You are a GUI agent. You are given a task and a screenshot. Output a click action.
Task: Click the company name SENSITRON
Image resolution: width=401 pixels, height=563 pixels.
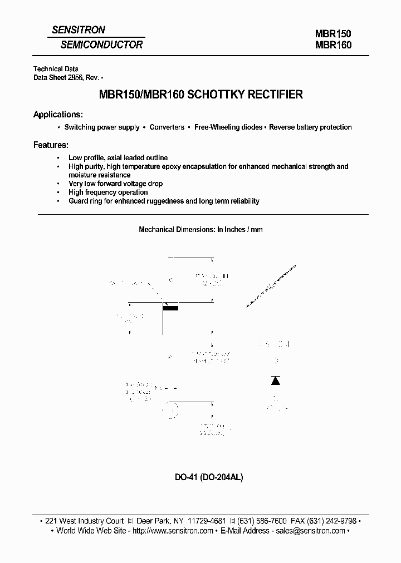point(78,30)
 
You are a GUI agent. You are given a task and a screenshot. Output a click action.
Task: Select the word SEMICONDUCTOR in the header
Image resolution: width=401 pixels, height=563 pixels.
point(102,45)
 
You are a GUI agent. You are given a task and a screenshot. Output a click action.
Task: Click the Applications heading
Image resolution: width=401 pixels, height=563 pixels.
point(58,115)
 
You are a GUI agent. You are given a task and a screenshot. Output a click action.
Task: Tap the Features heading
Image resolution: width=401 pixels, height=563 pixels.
point(51,145)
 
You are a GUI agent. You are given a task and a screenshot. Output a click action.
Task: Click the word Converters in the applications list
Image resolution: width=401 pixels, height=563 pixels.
point(167,127)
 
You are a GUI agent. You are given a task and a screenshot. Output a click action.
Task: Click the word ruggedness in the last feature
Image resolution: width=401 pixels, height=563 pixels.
point(162,201)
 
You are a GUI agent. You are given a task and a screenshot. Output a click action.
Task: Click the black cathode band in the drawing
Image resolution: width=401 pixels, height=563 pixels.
point(171,308)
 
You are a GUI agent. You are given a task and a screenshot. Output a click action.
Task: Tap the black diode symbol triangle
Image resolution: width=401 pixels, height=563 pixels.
point(275,381)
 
